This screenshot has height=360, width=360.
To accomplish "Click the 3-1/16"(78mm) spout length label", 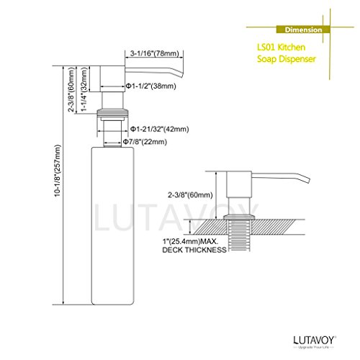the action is point(155,53).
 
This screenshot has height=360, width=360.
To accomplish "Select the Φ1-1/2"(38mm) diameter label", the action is point(151,86).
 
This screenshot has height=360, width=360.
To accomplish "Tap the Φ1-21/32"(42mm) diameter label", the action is point(160,129).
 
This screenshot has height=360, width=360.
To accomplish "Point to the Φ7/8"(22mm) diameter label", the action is point(145,142).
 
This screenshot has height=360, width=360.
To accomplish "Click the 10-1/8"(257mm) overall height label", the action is point(58,171).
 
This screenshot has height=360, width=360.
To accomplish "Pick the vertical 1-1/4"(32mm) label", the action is point(84,89).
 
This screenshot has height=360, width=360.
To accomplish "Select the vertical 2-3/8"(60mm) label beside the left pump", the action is point(71,89).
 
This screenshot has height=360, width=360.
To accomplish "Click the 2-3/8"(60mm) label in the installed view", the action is point(190,195).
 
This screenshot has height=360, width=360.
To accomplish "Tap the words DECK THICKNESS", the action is point(194,250).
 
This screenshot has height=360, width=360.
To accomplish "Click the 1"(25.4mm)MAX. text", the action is point(189,240).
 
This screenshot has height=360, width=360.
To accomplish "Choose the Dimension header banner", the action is point(303,30).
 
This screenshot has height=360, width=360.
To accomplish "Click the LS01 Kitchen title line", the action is point(282,48).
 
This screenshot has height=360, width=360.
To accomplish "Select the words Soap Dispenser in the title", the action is point(287,59).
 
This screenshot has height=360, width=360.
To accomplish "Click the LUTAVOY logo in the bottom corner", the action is point(315,340).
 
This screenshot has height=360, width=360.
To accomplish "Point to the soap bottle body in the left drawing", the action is point(112,226).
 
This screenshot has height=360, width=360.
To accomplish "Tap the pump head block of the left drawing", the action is point(112,78).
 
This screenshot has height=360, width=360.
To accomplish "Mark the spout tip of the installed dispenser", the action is point(308,181).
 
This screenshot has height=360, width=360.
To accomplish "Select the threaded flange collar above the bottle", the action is point(112,113).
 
